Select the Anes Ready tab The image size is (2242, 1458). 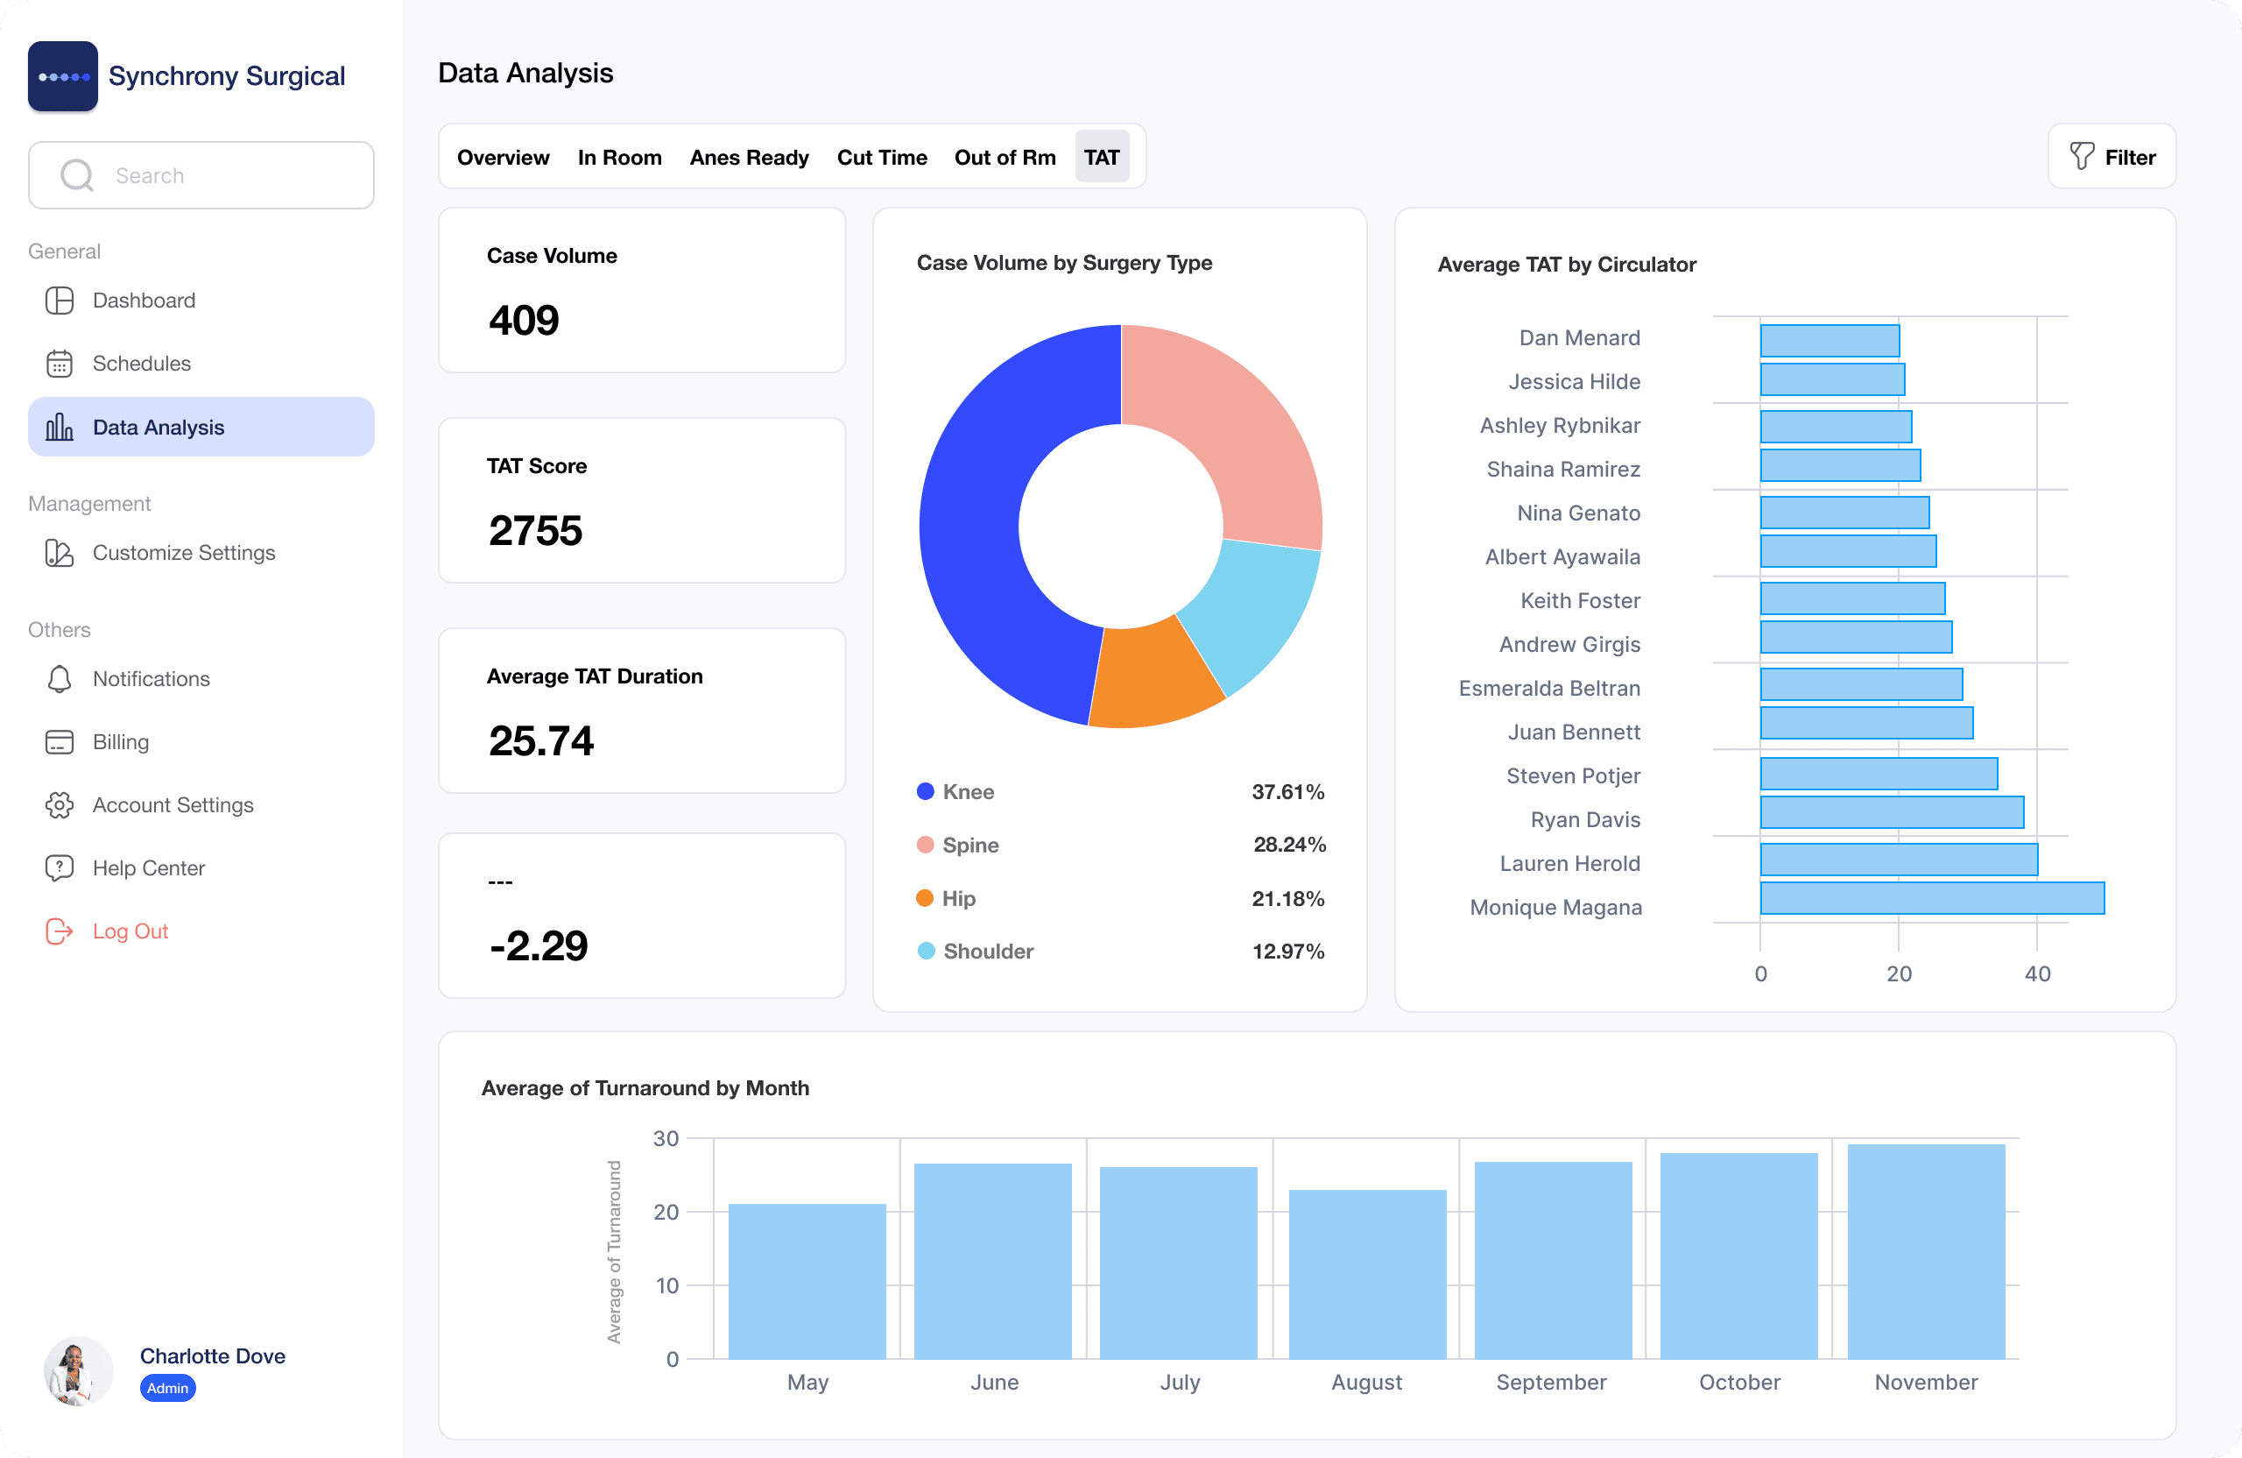(749, 158)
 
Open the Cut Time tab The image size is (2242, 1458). (881, 158)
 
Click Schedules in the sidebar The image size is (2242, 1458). (141, 363)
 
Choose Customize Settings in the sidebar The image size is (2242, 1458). (183, 552)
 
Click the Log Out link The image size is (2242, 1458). (130, 931)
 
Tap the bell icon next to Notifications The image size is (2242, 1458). (60, 678)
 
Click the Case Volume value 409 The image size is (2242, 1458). (524, 321)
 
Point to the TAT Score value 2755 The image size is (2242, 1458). (535, 531)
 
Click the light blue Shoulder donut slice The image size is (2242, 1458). (1253, 612)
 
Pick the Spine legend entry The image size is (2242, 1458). (969, 845)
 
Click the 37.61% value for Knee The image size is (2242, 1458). (1287, 792)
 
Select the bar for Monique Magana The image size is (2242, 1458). (1931, 898)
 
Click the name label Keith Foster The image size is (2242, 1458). (1580, 600)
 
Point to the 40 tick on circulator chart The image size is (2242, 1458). (2037, 973)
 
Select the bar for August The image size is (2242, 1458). (1366, 1273)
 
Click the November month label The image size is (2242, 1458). (1926, 1382)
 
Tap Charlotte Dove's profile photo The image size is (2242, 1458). (78, 1371)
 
